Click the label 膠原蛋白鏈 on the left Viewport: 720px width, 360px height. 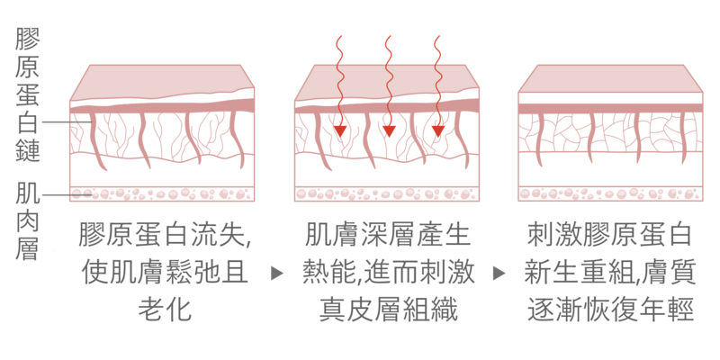pyautogui.click(x=28, y=95)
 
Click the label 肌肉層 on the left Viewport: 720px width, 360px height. pyautogui.click(x=28, y=220)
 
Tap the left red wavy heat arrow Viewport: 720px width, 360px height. pyautogui.click(x=339, y=85)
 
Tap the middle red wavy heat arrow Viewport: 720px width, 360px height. pyautogui.click(x=388, y=85)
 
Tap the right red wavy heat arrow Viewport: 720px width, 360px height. pyautogui.click(x=437, y=85)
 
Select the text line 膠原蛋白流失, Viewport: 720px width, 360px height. pyautogui.click(x=163, y=236)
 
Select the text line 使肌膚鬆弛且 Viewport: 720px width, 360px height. pyautogui.click(x=163, y=272)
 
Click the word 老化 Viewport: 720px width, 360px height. pyautogui.click(x=163, y=309)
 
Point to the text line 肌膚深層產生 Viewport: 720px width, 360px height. pyautogui.click(x=387, y=236)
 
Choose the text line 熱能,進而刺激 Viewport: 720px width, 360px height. pyautogui.click(x=387, y=272)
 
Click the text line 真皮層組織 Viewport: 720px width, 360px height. pyautogui.click(x=387, y=309)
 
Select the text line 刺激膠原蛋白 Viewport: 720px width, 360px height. pyautogui.click(x=609, y=236)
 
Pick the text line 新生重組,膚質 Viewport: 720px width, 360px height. pyautogui.click(x=609, y=272)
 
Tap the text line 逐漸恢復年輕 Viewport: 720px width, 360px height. pyautogui.click(x=609, y=309)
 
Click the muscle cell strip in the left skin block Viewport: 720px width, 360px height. pyautogui.click(x=163, y=193)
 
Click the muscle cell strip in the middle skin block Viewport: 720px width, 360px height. pyautogui.click(x=387, y=193)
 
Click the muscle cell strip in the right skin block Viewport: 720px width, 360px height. pyautogui.click(x=609, y=193)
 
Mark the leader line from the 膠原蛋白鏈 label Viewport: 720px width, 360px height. pyautogui.click(x=58, y=121)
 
